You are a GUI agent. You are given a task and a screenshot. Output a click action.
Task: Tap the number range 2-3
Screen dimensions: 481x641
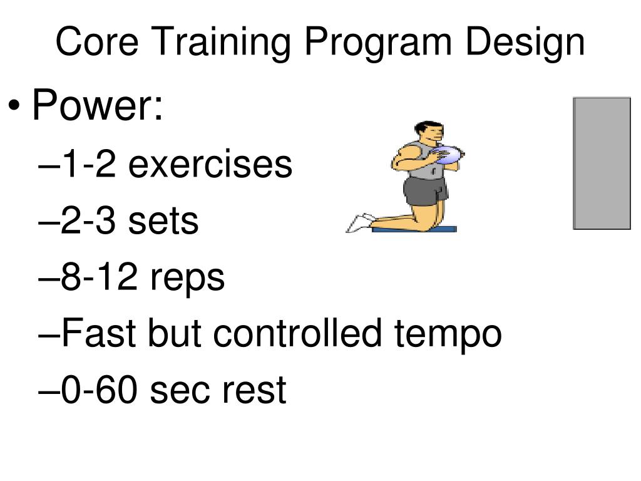[x=90, y=220]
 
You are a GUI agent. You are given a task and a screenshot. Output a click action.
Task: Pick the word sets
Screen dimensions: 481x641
[x=163, y=220]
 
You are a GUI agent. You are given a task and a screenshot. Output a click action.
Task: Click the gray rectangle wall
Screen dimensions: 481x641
[x=602, y=163]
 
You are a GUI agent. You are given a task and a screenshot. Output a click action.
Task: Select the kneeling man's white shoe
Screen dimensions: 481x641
[x=359, y=223]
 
